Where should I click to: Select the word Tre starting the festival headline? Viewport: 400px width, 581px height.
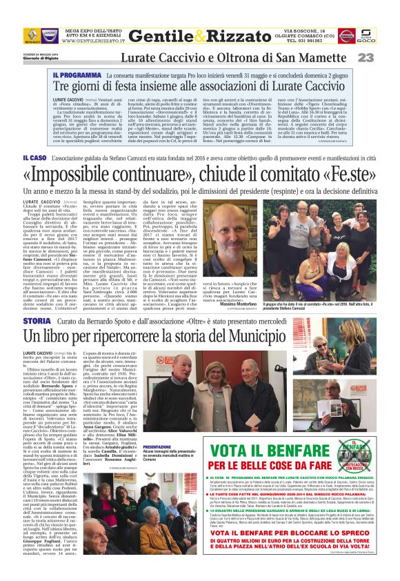pyautogui.click(x=62, y=87)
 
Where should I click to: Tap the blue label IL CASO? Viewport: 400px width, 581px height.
pyautogui.click(x=35, y=159)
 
